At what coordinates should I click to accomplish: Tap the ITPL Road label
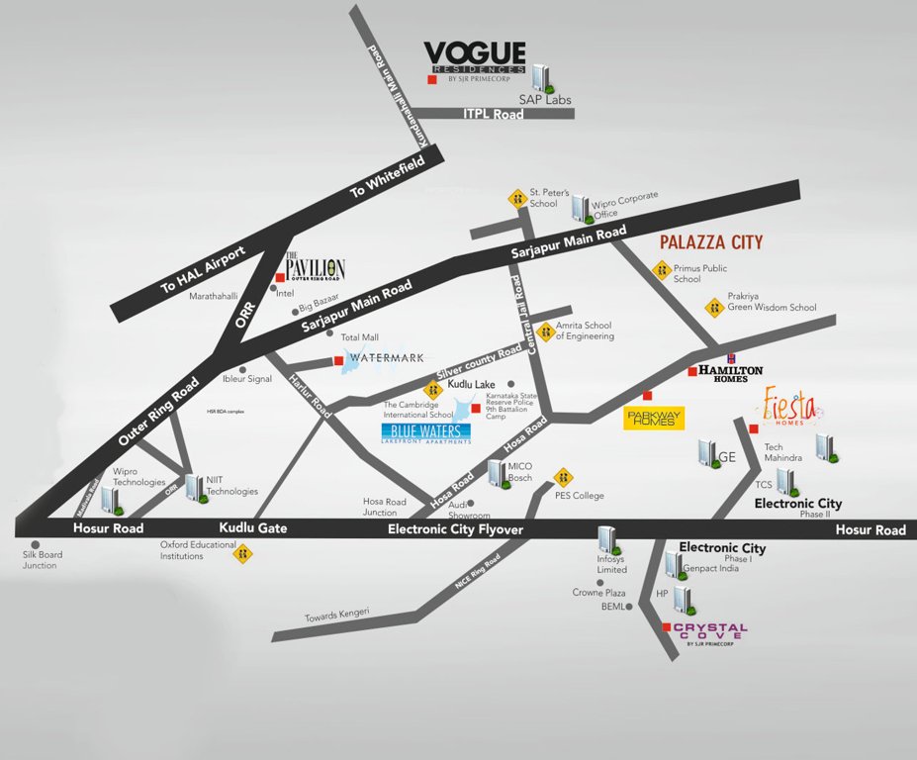[493, 114]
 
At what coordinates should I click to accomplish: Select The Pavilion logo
[315, 269]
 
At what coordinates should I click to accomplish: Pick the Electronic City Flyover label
[454, 530]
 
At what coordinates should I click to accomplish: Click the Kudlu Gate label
[253, 528]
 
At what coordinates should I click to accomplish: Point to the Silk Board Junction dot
[35, 544]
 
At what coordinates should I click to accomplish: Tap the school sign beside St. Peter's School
[515, 198]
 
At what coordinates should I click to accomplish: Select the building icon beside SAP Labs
[541, 77]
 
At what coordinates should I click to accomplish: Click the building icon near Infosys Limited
[607, 541]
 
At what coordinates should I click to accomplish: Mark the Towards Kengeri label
[336, 614]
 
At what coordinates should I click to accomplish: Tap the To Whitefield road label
[372, 180]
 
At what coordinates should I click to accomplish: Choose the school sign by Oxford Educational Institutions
[242, 553]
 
